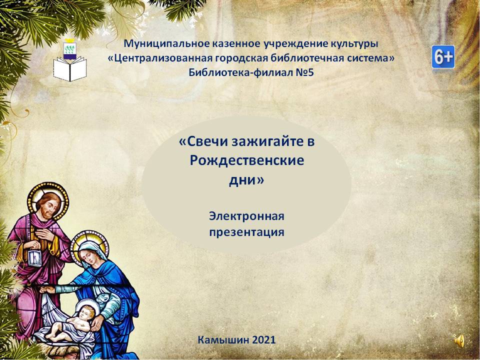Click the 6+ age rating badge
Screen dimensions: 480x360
coord(443,57)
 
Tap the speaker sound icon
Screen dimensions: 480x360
coord(459,340)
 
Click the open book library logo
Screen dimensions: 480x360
coord(70,61)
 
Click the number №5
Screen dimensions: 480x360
coord(301,72)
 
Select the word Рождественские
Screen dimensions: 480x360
coord(246,160)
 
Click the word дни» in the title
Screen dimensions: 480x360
coord(246,179)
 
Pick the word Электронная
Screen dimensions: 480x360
coord(246,216)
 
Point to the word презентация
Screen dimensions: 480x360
coord(246,232)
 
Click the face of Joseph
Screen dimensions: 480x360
coord(48,205)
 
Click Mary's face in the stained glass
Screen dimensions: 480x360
coord(88,254)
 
